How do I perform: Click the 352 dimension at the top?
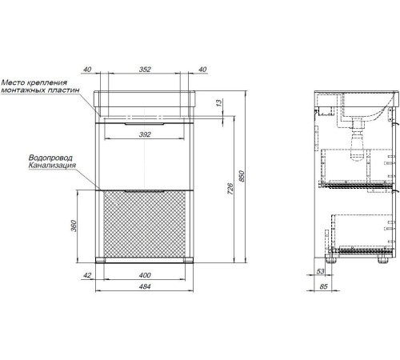point(145,70)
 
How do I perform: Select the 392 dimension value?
point(145,134)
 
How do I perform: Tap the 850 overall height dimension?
point(242,176)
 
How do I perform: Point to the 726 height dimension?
point(230,189)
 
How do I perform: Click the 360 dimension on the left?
point(74,226)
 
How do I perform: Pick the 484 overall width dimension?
point(145,286)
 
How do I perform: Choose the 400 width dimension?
point(145,275)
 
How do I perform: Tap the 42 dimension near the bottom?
point(87,275)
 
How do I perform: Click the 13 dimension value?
point(219,102)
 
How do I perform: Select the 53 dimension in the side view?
point(320,271)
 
